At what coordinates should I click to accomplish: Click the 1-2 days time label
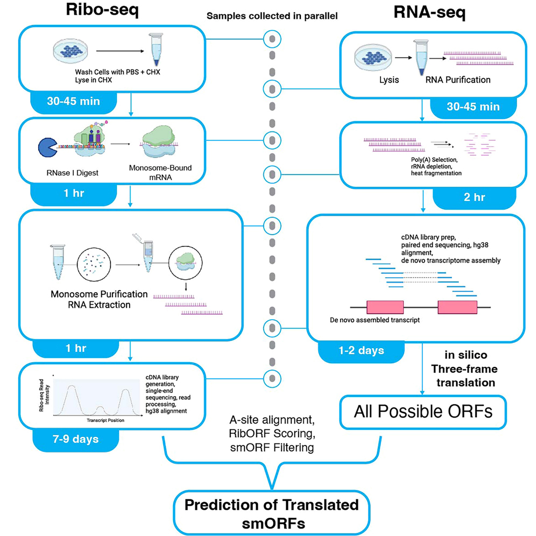362,350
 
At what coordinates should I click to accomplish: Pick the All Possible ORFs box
423,412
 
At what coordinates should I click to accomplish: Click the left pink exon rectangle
385,307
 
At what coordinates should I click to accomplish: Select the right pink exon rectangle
457,307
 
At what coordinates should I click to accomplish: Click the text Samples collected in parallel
272,15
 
